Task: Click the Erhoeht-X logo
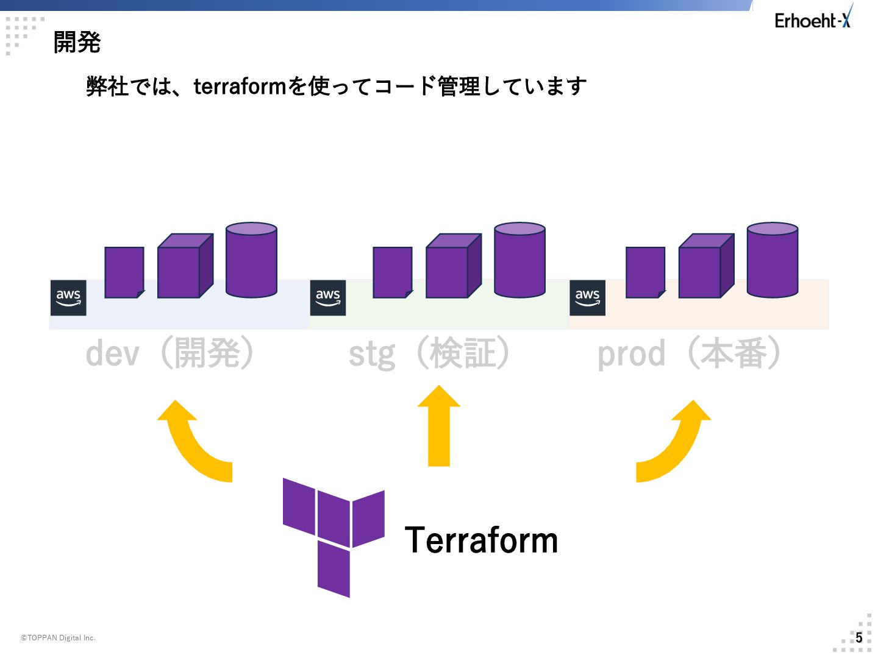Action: pos(813,18)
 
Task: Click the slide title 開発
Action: pos(77,43)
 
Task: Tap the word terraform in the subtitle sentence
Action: pos(239,87)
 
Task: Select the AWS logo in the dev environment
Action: pos(68,298)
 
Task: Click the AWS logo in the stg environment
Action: pos(328,298)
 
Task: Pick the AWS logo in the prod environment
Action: pos(588,298)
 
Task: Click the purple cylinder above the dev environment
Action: pos(251,260)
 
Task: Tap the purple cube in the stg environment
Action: pos(454,266)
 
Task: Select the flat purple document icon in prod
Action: pos(646,272)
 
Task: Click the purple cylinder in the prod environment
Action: pos(773,260)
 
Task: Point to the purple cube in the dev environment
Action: pos(185,266)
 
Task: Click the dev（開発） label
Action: pos(170,353)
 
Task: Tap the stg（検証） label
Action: pos(430,353)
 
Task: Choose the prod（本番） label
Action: pos(689,353)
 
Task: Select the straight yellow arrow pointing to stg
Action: pos(439,426)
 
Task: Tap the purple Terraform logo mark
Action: pos(334,537)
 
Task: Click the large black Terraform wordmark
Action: pos(481,540)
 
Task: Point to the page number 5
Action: pos(859,638)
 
